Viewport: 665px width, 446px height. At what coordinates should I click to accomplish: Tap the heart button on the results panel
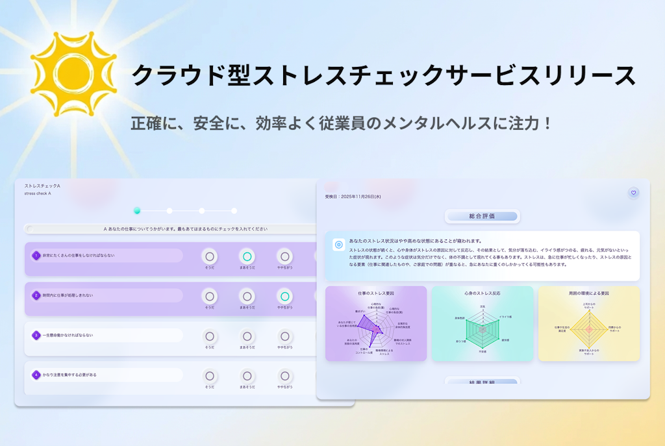tap(634, 192)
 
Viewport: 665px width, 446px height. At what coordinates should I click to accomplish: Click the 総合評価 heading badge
tap(483, 216)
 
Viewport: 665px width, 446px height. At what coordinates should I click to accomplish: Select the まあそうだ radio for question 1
tap(247, 256)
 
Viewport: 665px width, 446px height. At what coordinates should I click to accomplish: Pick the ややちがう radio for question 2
tap(284, 297)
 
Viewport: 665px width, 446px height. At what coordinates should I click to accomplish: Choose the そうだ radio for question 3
tap(209, 336)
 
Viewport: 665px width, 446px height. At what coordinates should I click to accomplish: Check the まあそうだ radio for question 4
tap(247, 376)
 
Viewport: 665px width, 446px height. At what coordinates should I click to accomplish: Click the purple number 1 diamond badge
tap(36, 256)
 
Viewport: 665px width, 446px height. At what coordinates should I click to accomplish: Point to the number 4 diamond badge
tap(36, 375)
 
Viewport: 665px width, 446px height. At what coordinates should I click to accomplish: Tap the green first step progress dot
tap(137, 210)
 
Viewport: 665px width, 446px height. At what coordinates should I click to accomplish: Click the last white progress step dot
tap(234, 210)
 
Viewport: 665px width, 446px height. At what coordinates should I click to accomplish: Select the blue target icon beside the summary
tap(338, 245)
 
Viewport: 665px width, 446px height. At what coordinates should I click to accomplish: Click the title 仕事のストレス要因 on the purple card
tap(375, 293)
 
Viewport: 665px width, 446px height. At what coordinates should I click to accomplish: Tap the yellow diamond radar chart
tap(588, 329)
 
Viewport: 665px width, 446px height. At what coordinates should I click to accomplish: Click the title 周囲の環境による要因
tap(588, 293)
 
